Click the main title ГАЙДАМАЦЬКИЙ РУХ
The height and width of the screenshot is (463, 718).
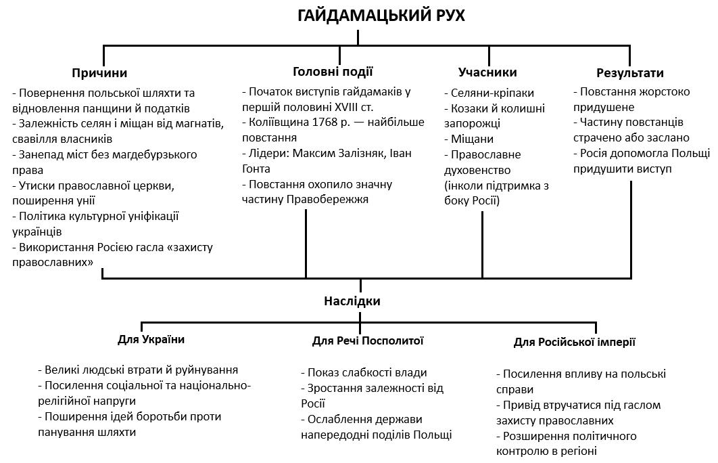[x=381, y=15]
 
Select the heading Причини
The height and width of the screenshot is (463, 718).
[x=99, y=72]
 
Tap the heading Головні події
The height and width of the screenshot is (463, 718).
[x=333, y=71]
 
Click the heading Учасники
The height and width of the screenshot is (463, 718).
[x=487, y=72]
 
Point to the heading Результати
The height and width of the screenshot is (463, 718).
[x=629, y=72]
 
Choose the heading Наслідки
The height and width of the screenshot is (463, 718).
[x=352, y=301]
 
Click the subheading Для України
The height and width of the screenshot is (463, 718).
[x=151, y=339]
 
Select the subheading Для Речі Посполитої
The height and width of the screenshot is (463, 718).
[x=368, y=340]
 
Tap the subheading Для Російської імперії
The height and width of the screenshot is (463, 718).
[x=574, y=342]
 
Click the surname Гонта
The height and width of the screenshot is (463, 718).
[x=257, y=169]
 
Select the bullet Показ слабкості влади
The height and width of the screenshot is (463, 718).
[x=366, y=372]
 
